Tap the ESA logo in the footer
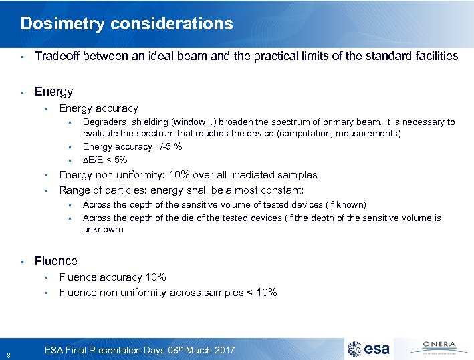[x=372, y=349]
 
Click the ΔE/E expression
[x=95, y=160]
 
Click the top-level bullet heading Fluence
[x=55, y=261]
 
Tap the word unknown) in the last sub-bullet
[x=103, y=229]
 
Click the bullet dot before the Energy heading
[x=22, y=92]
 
